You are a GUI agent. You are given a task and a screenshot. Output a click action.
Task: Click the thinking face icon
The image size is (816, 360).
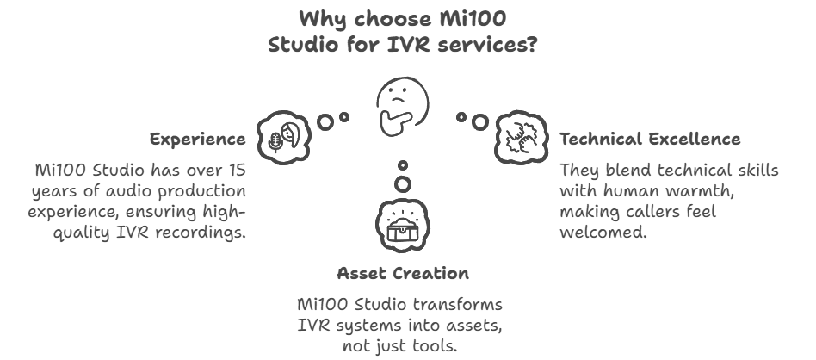(x=402, y=107)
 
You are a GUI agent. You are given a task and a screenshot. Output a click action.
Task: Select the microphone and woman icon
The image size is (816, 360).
(x=284, y=138)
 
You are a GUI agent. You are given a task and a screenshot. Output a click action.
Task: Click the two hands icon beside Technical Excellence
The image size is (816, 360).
(x=521, y=138)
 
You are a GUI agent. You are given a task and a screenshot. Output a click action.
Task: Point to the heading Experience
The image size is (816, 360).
(x=198, y=140)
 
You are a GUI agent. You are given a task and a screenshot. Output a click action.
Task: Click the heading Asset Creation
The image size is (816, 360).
(x=403, y=273)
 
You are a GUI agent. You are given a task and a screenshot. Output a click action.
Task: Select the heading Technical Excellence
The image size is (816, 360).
(x=650, y=140)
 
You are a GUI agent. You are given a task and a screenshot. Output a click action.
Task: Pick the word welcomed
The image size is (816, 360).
(x=603, y=232)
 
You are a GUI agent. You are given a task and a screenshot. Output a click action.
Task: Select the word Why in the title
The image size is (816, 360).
(x=318, y=19)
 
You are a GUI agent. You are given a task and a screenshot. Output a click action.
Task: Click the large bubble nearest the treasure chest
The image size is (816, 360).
(x=402, y=184)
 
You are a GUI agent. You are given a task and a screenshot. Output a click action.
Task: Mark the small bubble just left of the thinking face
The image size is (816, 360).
(x=344, y=117)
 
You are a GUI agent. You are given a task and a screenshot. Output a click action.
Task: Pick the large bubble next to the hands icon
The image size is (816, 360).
(x=479, y=122)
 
